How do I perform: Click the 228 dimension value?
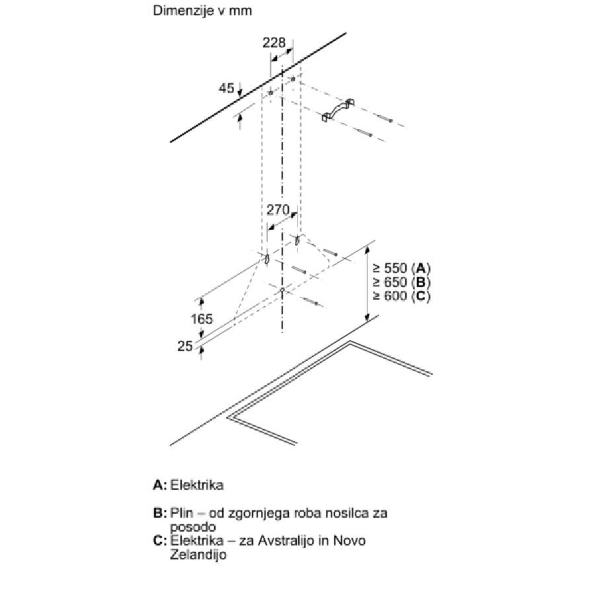click(x=274, y=42)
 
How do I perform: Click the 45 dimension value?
click(x=227, y=88)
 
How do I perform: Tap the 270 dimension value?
click(x=278, y=210)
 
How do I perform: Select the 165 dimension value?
click(x=202, y=319)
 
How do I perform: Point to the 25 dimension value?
click(x=185, y=346)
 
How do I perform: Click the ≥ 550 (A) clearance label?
click(x=402, y=268)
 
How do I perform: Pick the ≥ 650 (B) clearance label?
click(x=402, y=282)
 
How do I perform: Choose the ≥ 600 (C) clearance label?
click(x=402, y=296)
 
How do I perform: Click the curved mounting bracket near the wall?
click(x=338, y=110)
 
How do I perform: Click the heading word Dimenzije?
click(x=183, y=11)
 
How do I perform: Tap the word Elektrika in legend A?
click(x=196, y=485)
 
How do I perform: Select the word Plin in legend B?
click(x=181, y=513)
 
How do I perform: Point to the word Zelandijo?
click(x=198, y=555)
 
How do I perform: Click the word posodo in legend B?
click(x=193, y=527)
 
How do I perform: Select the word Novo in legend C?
click(x=350, y=540)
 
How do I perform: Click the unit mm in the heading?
click(x=241, y=11)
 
